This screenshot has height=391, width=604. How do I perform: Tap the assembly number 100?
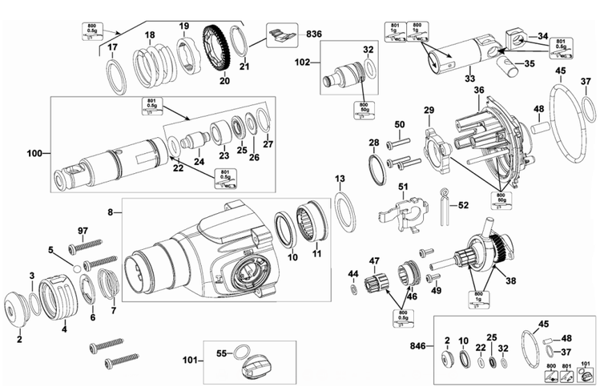(35, 152)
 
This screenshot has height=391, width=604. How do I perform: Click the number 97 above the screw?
(82, 232)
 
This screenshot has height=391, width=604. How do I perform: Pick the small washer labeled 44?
(353, 286)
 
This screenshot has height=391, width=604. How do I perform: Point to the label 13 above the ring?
(340, 178)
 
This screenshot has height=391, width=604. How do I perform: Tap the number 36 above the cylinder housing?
(478, 91)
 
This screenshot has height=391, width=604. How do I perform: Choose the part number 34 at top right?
(542, 35)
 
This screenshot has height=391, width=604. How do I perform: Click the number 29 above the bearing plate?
(429, 110)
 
